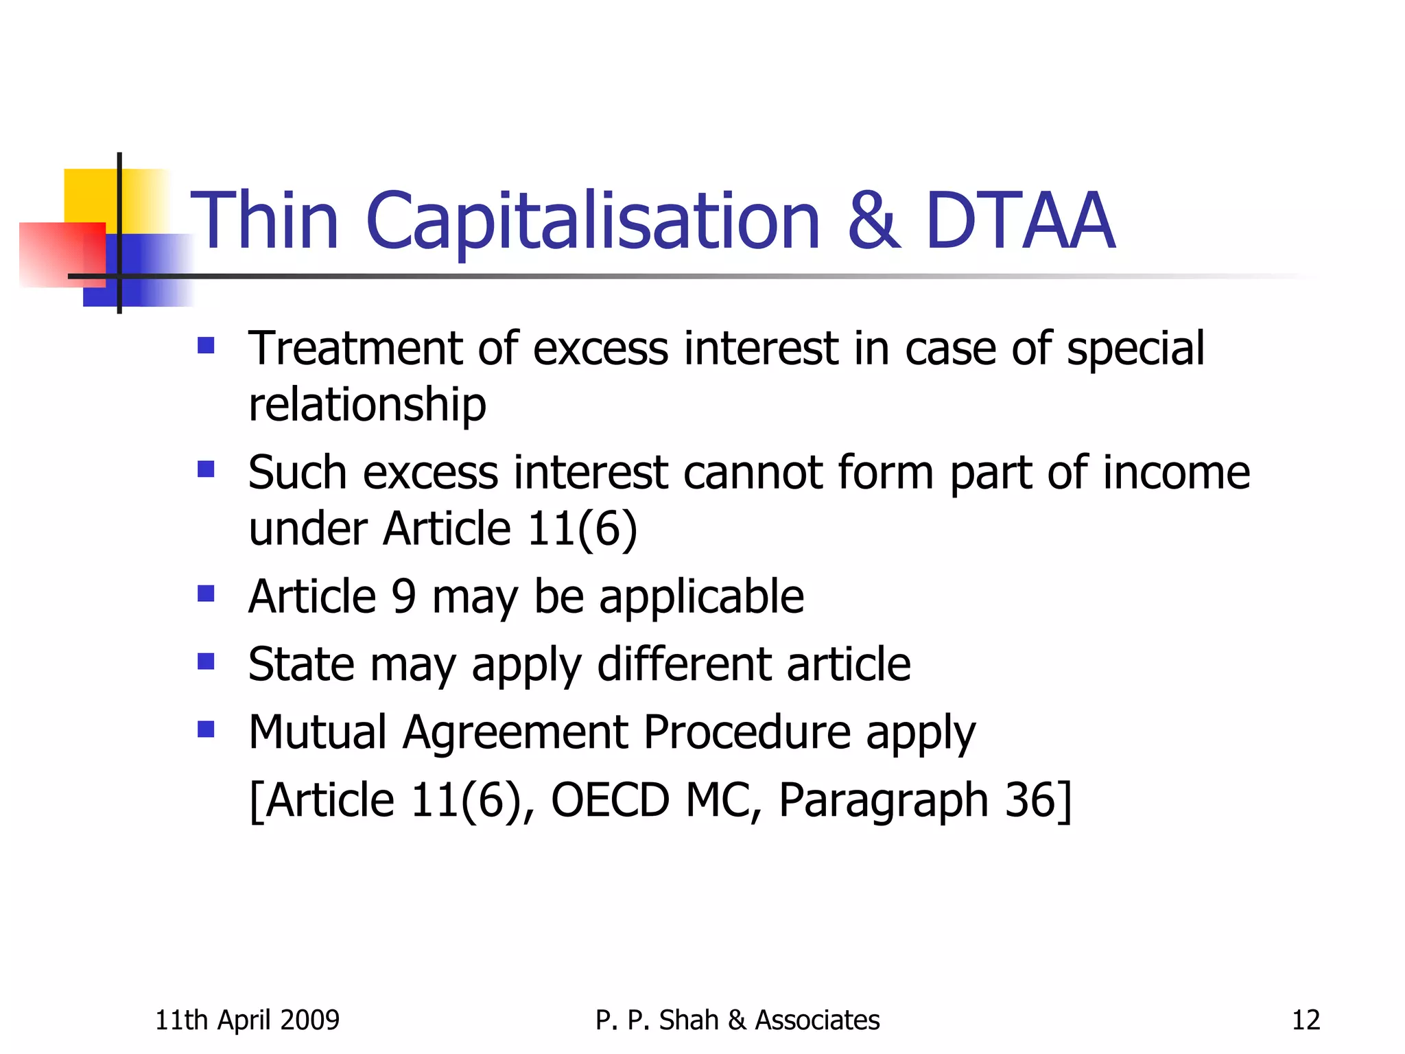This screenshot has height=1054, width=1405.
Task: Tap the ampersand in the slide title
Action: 873,221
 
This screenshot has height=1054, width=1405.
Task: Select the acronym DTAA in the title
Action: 1019,221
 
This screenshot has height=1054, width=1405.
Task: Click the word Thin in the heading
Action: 265,221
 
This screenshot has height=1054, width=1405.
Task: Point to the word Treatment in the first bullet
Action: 354,348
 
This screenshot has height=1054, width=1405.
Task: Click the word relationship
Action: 367,404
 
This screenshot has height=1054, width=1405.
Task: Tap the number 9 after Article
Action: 404,596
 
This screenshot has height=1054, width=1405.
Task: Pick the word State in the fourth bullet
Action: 300,664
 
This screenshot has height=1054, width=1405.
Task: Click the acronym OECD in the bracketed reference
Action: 610,800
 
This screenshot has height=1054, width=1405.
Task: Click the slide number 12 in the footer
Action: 1306,1020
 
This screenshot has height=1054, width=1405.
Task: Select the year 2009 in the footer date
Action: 311,1020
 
